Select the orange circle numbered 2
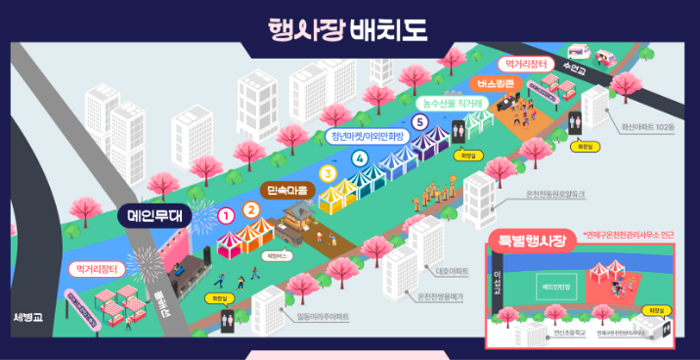coord(251,208)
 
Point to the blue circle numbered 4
coord(360,157)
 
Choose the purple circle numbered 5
coord(419,122)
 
